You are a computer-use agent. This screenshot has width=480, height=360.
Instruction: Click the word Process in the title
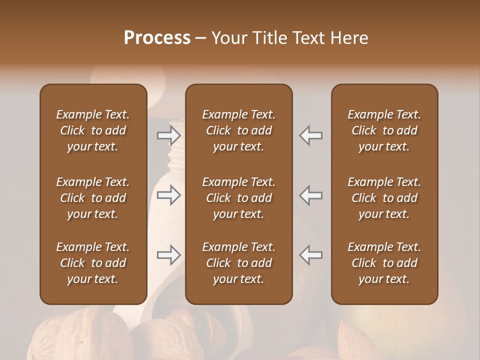pyautogui.click(x=157, y=38)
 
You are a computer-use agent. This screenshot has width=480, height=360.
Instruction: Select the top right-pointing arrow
pyautogui.click(x=168, y=135)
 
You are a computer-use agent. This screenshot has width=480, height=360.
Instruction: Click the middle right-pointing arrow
pyautogui.click(x=168, y=195)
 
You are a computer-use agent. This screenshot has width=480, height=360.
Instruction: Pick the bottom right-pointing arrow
pyautogui.click(x=168, y=255)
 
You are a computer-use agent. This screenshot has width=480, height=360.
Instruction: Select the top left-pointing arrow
pyautogui.click(x=311, y=135)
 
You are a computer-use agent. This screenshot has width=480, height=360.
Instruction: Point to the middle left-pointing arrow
pyautogui.click(x=311, y=195)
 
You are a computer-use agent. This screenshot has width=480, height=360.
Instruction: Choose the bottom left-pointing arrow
pyautogui.click(x=311, y=255)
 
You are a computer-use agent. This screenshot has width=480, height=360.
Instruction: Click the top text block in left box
pyautogui.click(x=93, y=130)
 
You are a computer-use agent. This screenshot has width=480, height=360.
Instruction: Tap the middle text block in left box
pyautogui.click(x=93, y=198)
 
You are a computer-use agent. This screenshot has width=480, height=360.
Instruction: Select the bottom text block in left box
pyautogui.click(x=93, y=263)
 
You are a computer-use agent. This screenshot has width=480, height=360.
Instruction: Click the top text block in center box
pyautogui.click(x=238, y=130)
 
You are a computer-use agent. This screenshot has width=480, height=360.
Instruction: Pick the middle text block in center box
pyautogui.click(x=238, y=198)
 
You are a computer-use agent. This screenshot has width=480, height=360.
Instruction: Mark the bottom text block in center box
pyautogui.click(x=238, y=263)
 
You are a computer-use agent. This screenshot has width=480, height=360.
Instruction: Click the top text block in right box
pyautogui.click(x=384, y=130)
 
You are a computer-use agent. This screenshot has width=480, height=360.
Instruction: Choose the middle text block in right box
pyautogui.click(x=384, y=198)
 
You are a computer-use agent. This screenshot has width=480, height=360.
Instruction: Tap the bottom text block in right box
pyautogui.click(x=384, y=263)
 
